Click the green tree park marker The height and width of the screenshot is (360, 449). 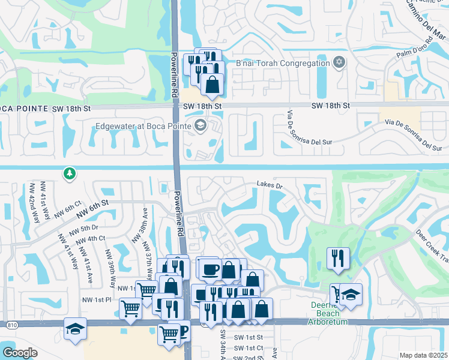point(70,173)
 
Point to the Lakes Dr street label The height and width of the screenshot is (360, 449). point(269,185)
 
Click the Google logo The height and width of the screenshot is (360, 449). point(20,352)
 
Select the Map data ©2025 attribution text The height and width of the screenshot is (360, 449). point(423,355)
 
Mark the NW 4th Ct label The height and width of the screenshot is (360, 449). point(92,238)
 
